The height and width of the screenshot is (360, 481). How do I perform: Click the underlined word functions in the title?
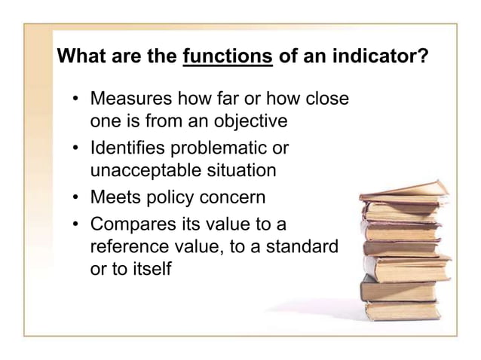click(228, 57)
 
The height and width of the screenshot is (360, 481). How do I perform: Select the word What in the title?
click(81, 57)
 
